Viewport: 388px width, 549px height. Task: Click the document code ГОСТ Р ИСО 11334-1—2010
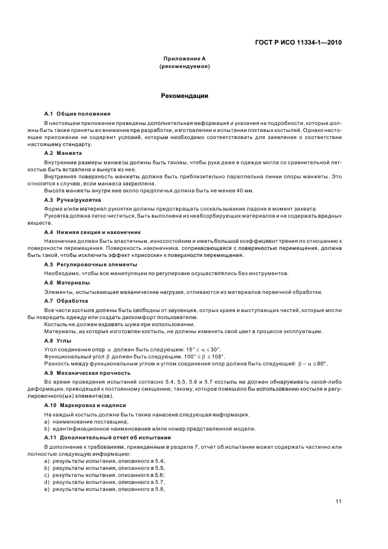coord(306,42)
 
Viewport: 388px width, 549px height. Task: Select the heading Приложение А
coord(184,59)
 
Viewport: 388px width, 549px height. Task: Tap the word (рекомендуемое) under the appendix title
coord(184,67)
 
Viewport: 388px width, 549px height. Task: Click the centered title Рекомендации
coord(184,96)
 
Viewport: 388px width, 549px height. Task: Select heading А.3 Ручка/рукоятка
coord(73,200)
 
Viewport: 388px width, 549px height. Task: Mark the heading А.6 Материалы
coord(67,283)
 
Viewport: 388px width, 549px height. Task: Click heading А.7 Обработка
coord(66,300)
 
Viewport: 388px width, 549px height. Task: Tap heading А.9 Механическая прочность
coord(87,372)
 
